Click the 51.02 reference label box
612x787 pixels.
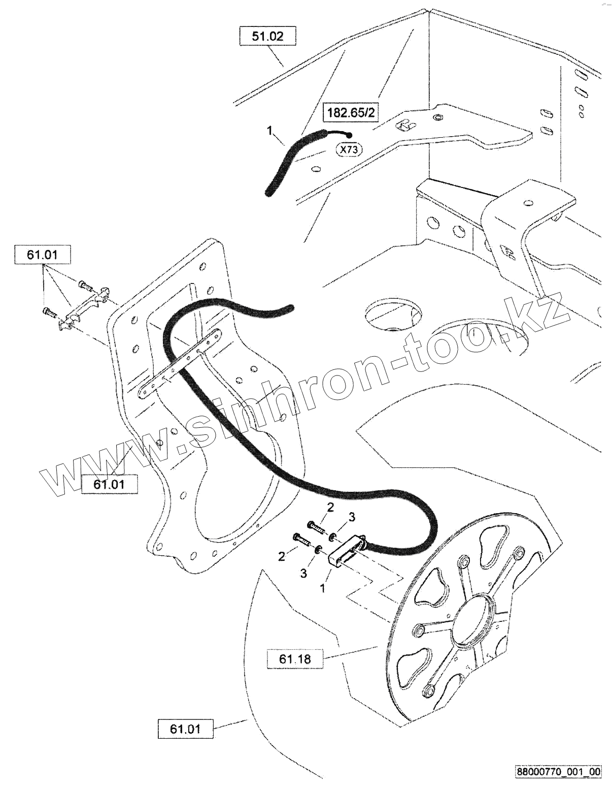267,37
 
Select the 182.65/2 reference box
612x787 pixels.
351,112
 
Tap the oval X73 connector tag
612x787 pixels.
348,150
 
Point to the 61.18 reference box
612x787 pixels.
294,659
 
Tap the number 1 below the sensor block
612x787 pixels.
322,588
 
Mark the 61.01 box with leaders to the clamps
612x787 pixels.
43,255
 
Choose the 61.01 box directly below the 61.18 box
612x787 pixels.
186,729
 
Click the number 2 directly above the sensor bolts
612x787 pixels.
330,507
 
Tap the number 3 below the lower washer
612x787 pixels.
303,573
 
